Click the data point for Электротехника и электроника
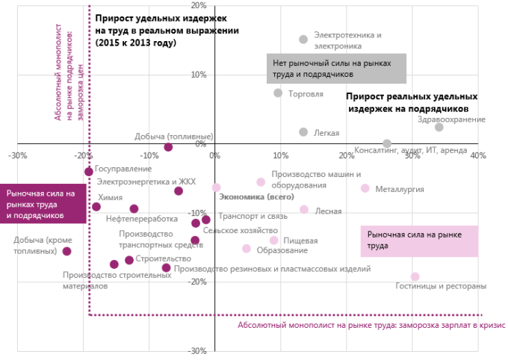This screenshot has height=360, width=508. click(303, 40)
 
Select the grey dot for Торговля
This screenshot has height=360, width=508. click(278, 93)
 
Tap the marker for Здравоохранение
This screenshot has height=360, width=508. click(439, 128)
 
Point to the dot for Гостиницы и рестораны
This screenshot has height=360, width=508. click(415, 276)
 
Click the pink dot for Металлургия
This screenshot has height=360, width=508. click(365, 188)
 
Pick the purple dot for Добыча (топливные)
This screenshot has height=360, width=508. click(168, 147)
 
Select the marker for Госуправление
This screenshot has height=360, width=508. click(89, 172)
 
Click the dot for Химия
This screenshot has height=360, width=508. click(96, 207)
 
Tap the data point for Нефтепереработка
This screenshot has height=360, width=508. click(134, 209)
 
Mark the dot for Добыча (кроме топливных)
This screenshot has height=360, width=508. click(66, 252)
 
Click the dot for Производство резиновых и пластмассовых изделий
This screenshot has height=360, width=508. click(166, 267)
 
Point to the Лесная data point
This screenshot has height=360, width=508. click(304, 210)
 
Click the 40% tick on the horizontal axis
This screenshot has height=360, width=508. click(477, 155)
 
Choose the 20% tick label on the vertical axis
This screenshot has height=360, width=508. click(199, 5)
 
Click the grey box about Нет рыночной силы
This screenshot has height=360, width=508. click(336, 68)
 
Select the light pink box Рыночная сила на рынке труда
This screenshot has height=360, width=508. click(418, 240)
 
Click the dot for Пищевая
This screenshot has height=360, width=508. click(274, 240)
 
